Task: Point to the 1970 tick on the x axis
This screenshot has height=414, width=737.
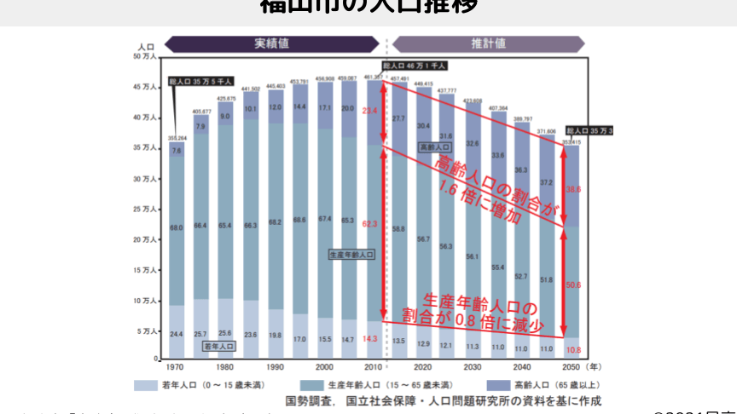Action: (175, 367)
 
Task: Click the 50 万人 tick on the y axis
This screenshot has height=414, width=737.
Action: (143, 56)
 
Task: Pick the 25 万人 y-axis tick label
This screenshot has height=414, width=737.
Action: (143, 209)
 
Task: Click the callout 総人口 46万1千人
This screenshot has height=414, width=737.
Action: (414, 65)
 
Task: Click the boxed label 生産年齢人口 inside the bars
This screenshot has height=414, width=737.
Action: (351, 255)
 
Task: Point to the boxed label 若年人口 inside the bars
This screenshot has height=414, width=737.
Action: (218, 347)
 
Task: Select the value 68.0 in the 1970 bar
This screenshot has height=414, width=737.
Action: (177, 227)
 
